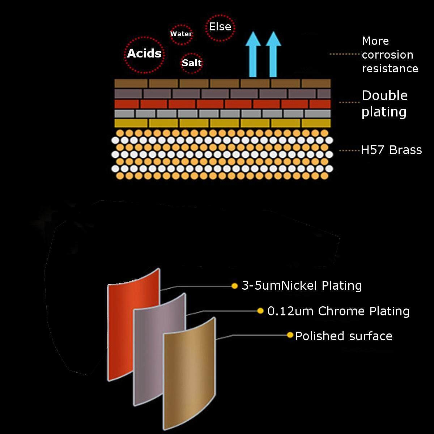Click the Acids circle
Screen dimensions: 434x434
pos(144,37)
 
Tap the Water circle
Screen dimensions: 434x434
pos(181,25)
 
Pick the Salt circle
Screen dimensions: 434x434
pos(192,54)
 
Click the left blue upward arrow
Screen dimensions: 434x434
pos(253,54)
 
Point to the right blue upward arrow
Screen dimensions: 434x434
pos(273,54)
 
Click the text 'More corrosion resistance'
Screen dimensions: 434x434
pos(390,55)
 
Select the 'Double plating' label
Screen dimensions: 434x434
pos(384,104)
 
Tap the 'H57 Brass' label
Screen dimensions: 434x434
pos(391,150)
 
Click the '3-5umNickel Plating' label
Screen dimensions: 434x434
pos(302,286)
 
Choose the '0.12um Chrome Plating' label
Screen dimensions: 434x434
pos(338,311)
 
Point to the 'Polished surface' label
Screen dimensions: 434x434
pos(344,336)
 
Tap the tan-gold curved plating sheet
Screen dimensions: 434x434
pos(189,374)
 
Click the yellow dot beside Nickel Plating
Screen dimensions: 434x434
pos(234,286)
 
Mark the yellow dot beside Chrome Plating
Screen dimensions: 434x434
pos(260,311)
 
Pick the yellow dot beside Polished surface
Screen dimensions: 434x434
pos(290,335)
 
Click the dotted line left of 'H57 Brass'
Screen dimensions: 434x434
pos(350,151)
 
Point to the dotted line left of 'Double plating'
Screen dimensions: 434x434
pos(350,102)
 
